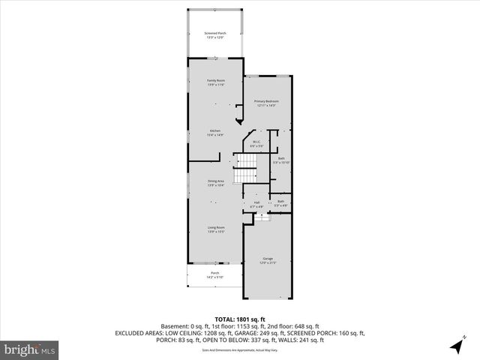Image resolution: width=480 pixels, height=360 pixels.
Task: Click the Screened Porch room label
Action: pyautogui.click(x=215, y=32)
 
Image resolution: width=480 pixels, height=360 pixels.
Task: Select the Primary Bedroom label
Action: pyautogui.click(x=266, y=100)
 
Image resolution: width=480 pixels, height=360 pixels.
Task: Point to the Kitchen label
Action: pyautogui.click(x=215, y=130)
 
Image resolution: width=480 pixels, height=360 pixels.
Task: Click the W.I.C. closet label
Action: pyautogui.click(x=256, y=142)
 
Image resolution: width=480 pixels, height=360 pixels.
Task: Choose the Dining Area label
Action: pyautogui.click(x=215, y=181)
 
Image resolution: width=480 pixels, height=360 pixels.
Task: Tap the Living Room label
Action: pyautogui.click(x=215, y=227)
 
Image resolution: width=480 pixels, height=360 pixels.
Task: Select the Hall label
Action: pyautogui.click(x=256, y=202)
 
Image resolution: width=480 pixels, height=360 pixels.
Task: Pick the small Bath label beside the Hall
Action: pyautogui.click(x=280, y=201)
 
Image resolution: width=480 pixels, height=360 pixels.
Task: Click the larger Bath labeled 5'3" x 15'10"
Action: pyautogui.click(x=281, y=158)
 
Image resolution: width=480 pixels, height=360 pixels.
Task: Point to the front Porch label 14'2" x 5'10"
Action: pyautogui.click(x=214, y=273)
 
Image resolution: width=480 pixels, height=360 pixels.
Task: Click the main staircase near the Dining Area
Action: pyautogui.click(x=246, y=169)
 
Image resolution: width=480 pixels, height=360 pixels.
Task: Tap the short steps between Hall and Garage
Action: pyautogui.click(x=261, y=217)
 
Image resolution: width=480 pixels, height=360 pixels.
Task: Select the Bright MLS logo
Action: pyautogui.click(x=30, y=349)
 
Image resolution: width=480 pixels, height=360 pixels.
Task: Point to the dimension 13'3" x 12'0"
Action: pyautogui.click(x=215, y=37)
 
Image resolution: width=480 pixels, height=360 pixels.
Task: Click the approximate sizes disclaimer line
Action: pyautogui.click(x=239, y=349)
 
